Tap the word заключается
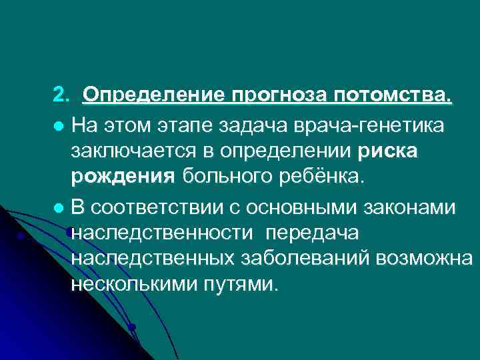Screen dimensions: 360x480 [133, 151]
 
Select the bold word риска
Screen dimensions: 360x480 [387, 151]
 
